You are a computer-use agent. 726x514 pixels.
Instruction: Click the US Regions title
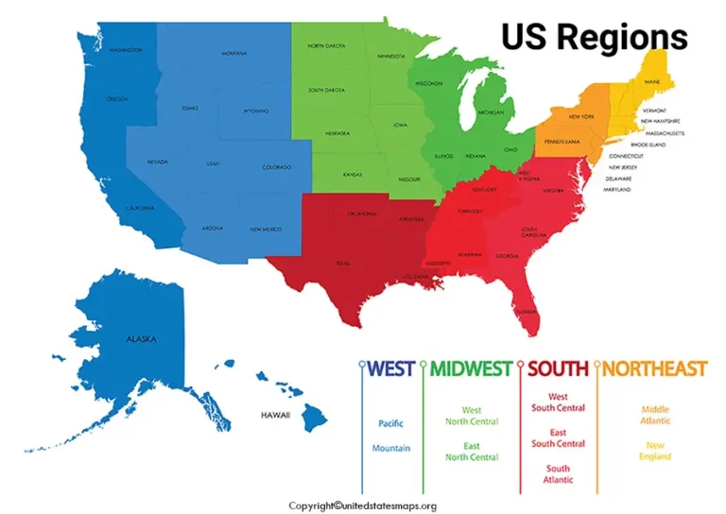click(x=594, y=37)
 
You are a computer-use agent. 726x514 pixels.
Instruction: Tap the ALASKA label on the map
click(x=141, y=338)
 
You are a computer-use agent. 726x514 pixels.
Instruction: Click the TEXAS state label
click(x=342, y=264)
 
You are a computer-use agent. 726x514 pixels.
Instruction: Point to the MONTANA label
click(x=233, y=54)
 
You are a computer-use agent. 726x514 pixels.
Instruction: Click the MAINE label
click(x=652, y=82)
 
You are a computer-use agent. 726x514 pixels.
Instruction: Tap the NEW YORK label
click(x=580, y=116)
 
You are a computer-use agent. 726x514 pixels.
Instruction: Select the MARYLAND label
click(x=617, y=189)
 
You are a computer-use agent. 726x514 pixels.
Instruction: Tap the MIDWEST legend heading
click(x=472, y=368)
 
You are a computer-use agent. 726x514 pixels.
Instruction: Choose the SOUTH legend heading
click(x=558, y=368)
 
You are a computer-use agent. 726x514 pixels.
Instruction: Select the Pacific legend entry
click(x=390, y=423)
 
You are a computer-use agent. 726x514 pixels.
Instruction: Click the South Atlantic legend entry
click(x=558, y=474)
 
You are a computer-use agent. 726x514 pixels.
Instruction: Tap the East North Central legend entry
click(x=472, y=451)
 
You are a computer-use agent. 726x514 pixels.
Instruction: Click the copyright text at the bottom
click(x=362, y=505)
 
